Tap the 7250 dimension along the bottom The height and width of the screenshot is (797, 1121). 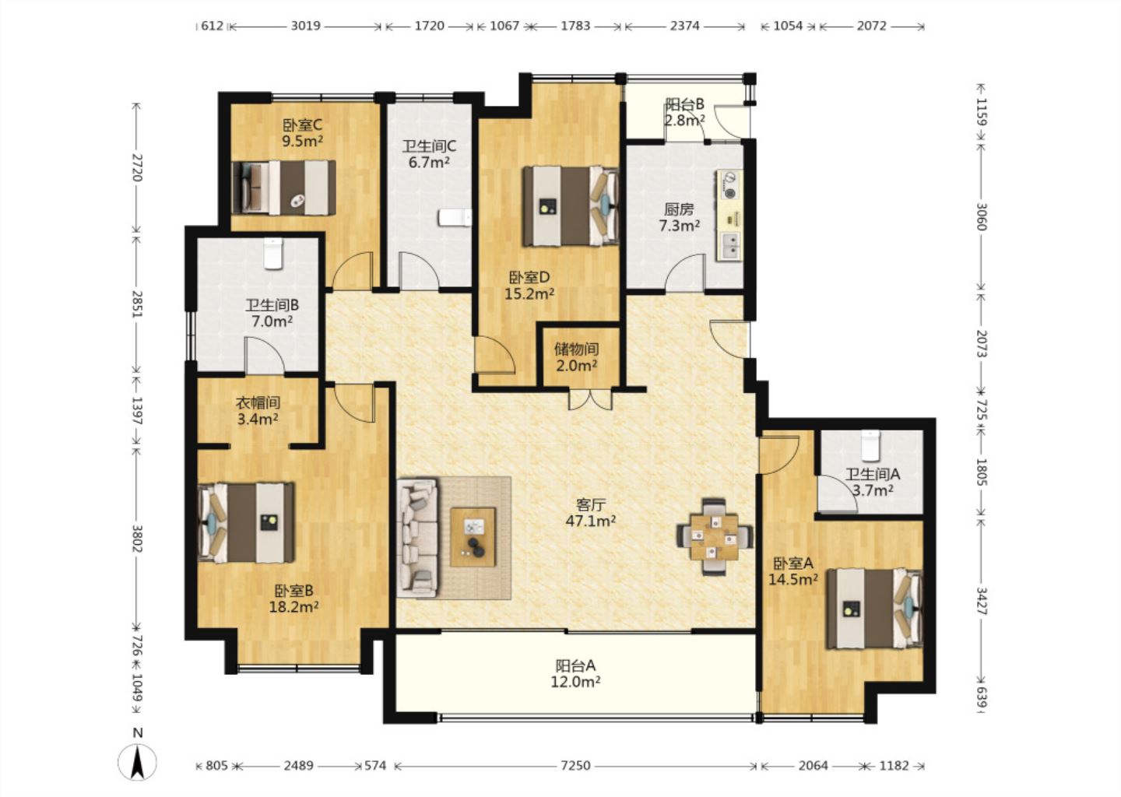click(575, 766)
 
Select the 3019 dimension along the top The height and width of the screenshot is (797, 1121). click(305, 26)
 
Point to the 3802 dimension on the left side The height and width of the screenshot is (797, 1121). click(137, 539)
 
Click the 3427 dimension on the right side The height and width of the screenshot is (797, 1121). click(982, 601)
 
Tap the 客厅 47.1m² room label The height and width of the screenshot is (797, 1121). click(591, 512)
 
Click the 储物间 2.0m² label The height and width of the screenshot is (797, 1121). click(577, 357)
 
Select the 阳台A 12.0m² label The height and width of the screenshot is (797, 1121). click(575, 673)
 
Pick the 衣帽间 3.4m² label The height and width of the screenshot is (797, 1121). click(258, 411)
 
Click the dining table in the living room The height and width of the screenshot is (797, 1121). click(714, 537)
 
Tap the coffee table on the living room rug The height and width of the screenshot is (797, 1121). click(473, 537)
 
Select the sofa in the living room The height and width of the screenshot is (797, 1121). click(417, 537)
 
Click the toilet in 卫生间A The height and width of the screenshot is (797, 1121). click(870, 444)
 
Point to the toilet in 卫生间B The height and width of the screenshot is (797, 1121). click(273, 253)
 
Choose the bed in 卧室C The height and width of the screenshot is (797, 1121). click(283, 188)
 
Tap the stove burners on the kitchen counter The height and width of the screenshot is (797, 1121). click(730, 184)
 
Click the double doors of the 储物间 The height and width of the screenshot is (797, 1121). click(591, 398)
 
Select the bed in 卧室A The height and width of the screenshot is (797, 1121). click(873, 609)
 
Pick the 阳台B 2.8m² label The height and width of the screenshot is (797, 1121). click(684, 112)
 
